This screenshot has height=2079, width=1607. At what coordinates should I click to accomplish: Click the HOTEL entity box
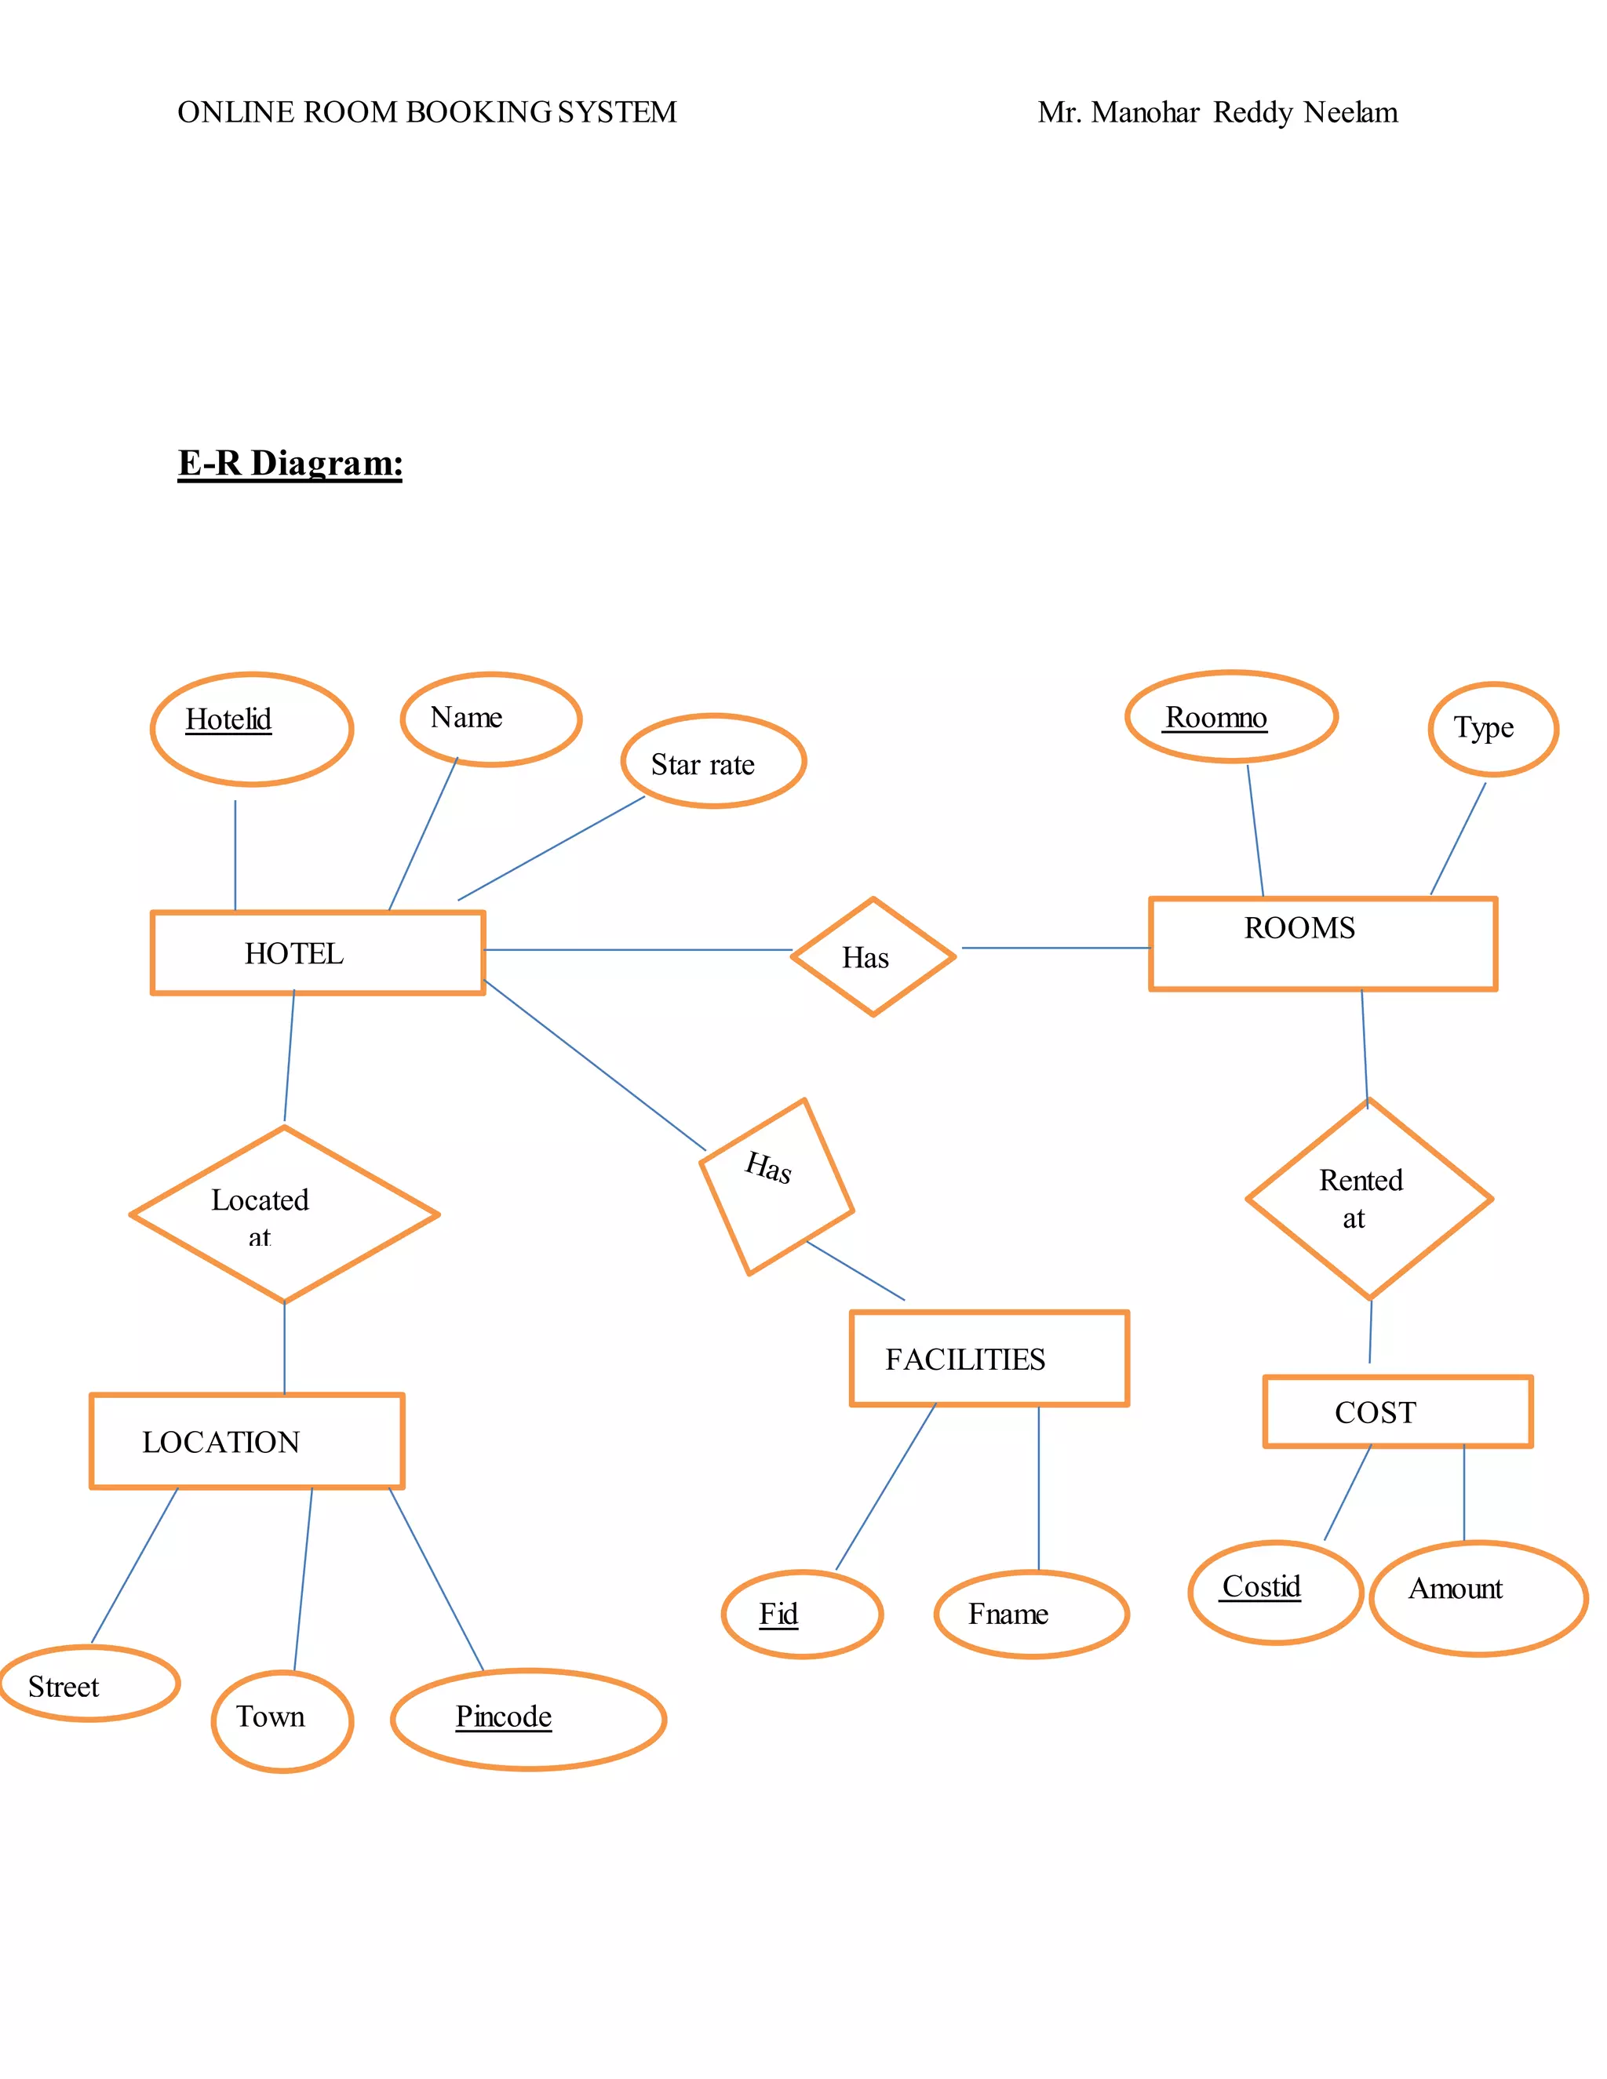click(317, 953)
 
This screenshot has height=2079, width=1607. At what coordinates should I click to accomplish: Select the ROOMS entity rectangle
click(1322, 943)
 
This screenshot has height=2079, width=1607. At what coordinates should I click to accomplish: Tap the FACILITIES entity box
click(989, 1358)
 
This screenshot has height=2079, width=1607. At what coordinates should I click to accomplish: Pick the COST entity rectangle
click(1397, 1411)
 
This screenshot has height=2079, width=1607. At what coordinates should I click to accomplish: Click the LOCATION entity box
click(246, 1441)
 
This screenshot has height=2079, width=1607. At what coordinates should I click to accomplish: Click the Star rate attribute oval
click(713, 762)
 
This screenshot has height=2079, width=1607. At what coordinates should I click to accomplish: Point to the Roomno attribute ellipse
click(1231, 717)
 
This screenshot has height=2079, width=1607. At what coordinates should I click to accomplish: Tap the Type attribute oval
click(1492, 729)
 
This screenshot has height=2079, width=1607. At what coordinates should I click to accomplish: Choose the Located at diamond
click(284, 1214)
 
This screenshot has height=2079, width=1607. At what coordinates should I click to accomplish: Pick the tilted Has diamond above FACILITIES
click(776, 1186)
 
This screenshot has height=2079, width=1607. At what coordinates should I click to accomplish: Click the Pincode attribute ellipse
click(527, 1718)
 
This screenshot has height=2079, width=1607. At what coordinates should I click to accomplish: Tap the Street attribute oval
click(89, 1683)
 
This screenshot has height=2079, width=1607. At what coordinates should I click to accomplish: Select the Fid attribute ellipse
click(802, 1614)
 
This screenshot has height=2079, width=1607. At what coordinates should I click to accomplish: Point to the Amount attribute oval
click(1478, 1597)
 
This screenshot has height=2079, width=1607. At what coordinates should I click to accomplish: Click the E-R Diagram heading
click(290, 464)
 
